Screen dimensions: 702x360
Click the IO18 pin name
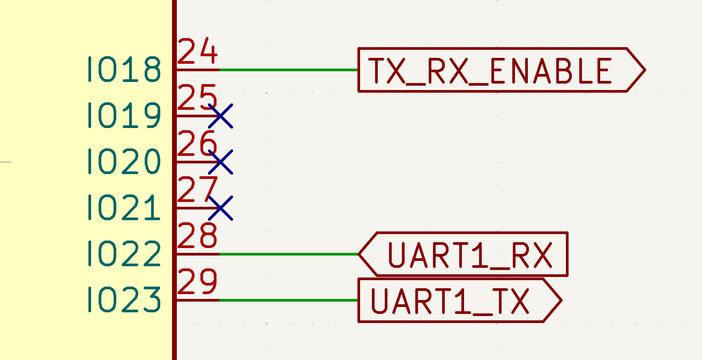[124, 69]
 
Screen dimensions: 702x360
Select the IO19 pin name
[124, 115]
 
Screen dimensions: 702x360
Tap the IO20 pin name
[124, 161]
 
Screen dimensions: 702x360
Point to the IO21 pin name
[124, 207]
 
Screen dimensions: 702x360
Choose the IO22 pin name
[124, 253]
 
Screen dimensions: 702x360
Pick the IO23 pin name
[124, 299]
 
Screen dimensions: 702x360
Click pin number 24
[197, 51]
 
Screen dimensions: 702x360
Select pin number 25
[197, 97]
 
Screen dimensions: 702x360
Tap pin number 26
[197, 143]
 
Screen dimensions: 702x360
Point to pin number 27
[197, 189]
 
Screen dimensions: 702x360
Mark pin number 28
[197, 235]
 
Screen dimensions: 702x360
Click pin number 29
[197, 281]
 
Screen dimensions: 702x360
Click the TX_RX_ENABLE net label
[502, 70]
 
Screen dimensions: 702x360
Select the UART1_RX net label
[463, 254]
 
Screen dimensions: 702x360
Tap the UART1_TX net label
[460, 300]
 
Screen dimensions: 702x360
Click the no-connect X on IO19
[221, 116]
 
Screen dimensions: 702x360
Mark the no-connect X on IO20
[221, 162]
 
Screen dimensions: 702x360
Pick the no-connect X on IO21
[221, 208]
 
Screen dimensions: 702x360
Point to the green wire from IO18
[289, 70]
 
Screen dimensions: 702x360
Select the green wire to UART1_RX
[289, 254]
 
